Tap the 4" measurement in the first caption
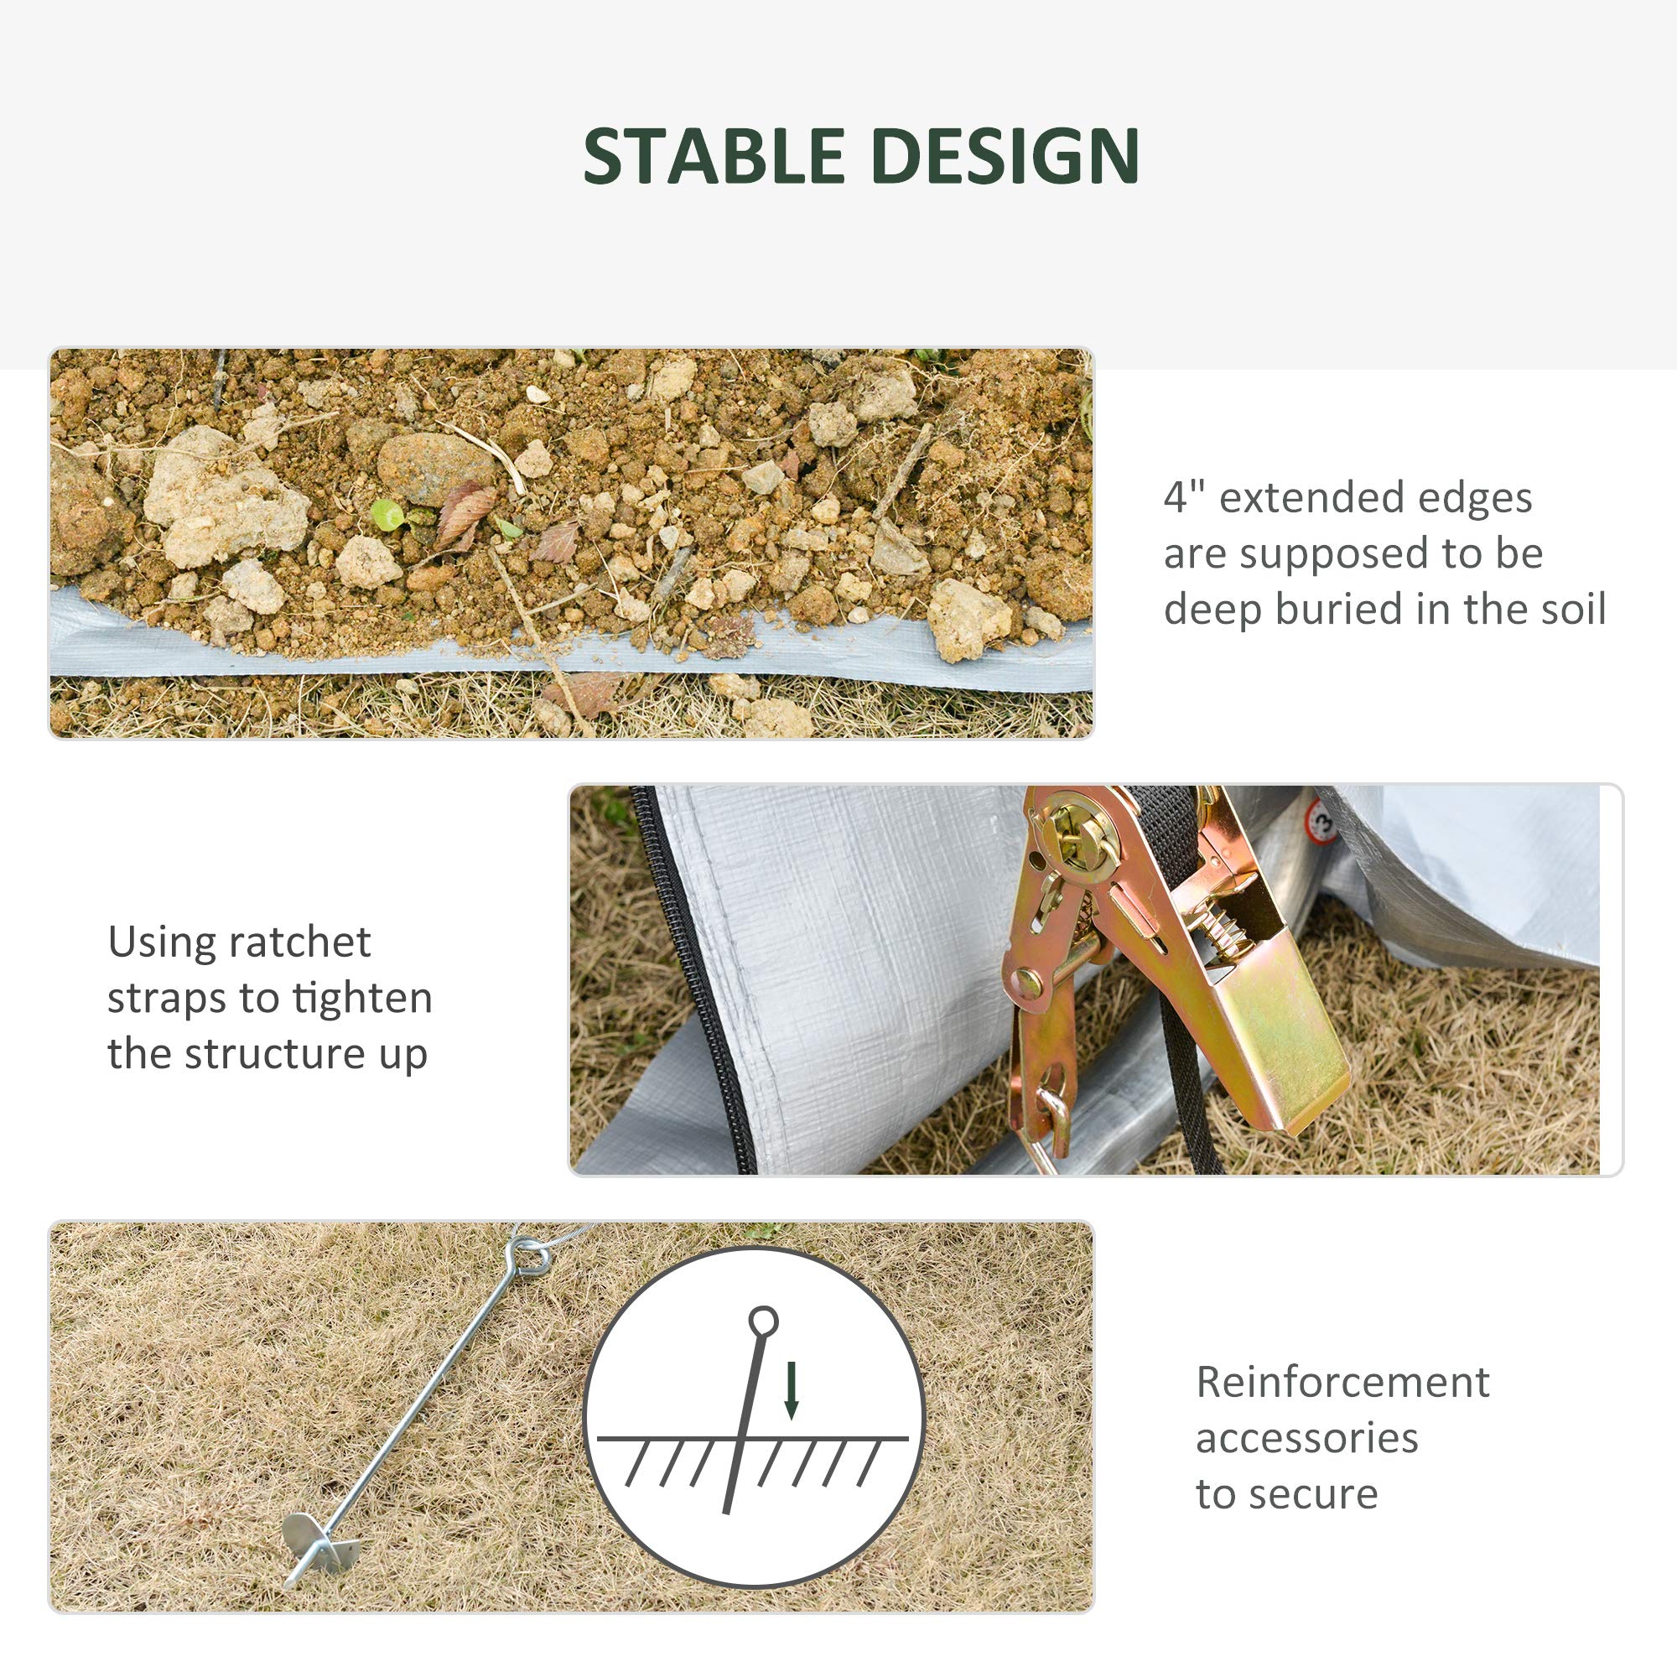click(1185, 497)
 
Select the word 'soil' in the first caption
click(1573, 609)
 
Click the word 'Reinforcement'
click(1342, 1382)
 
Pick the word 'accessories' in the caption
click(1306, 1438)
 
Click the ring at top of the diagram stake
click(764, 1322)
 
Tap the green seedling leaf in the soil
click(387, 515)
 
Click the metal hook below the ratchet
click(1052, 1129)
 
